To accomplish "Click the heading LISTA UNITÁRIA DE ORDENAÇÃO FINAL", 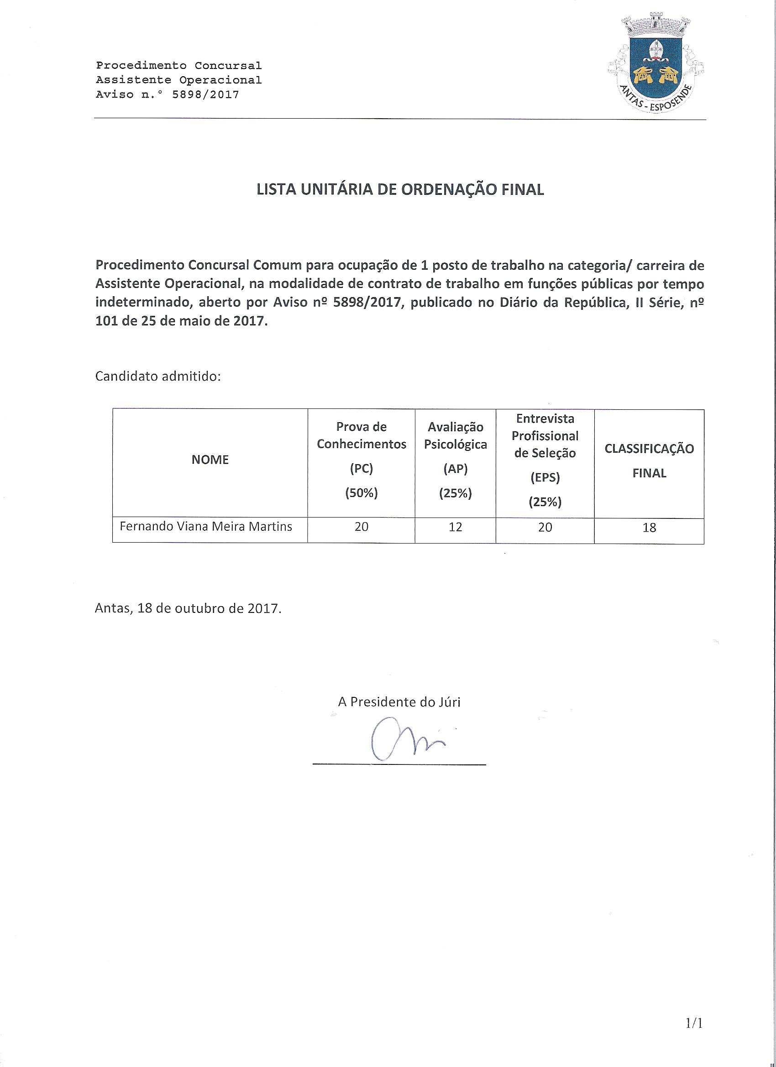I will coord(400,189).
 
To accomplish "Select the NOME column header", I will coord(210,460).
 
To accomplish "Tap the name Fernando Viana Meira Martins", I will coord(206,527).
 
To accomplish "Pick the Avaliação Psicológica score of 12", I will coord(455,527).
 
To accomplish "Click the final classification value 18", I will coord(649,528).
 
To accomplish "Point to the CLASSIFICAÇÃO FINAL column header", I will coord(649,460).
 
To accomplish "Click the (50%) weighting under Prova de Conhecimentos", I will coord(362,493).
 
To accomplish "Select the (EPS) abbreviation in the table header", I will coord(545,478).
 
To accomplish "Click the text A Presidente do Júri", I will coord(399,702).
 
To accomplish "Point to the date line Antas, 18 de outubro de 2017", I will coord(188,608).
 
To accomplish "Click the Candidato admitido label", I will coord(158,377).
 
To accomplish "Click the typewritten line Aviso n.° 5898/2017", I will coord(168,94).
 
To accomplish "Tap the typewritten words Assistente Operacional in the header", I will coord(179,80).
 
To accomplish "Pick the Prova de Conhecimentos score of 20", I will coord(362,527).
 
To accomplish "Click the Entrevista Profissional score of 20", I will coord(545,528).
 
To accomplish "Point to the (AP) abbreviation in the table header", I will coord(455,469).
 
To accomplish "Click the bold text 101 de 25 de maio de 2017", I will coord(182,322).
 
